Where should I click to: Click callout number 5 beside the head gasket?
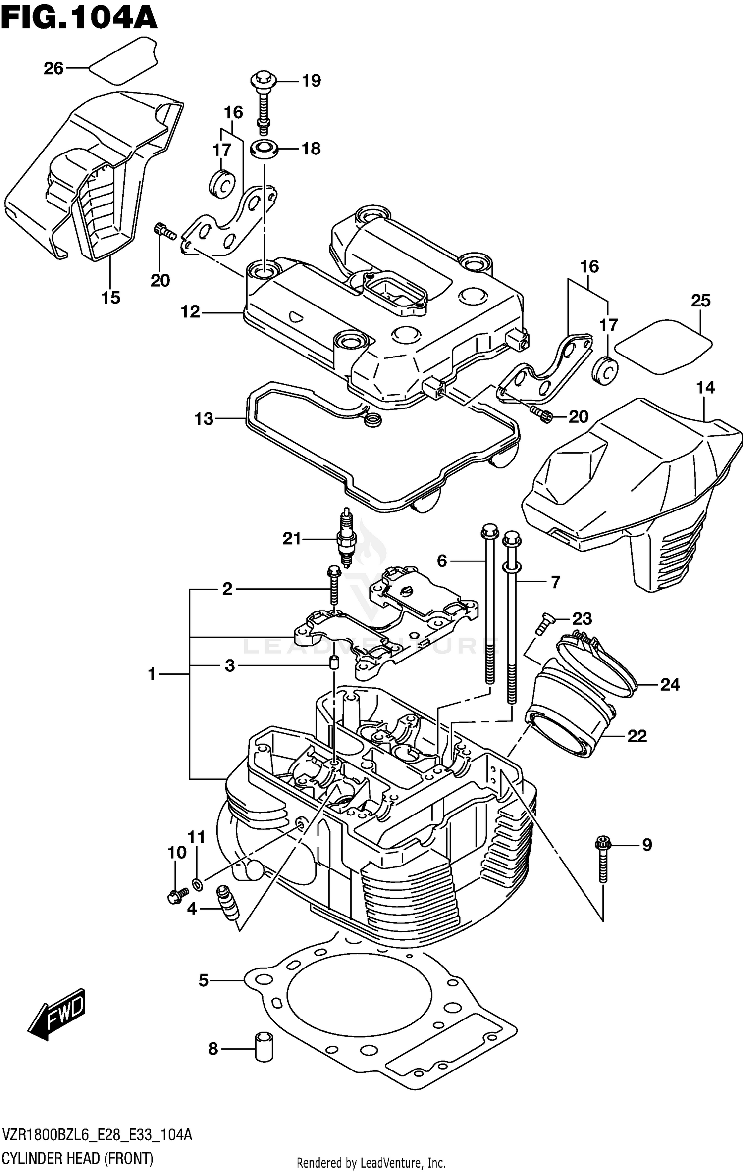[x=204, y=980]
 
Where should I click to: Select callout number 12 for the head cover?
[x=190, y=312]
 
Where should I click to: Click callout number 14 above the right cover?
[x=705, y=387]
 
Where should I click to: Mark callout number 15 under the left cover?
[x=111, y=298]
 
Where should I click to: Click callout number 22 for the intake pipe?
[x=637, y=736]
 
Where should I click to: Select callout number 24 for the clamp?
[x=670, y=685]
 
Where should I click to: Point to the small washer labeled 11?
[x=197, y=883]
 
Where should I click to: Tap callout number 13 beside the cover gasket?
[x=204, y=419]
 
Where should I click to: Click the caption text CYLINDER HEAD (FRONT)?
[x=78, y=1158]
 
